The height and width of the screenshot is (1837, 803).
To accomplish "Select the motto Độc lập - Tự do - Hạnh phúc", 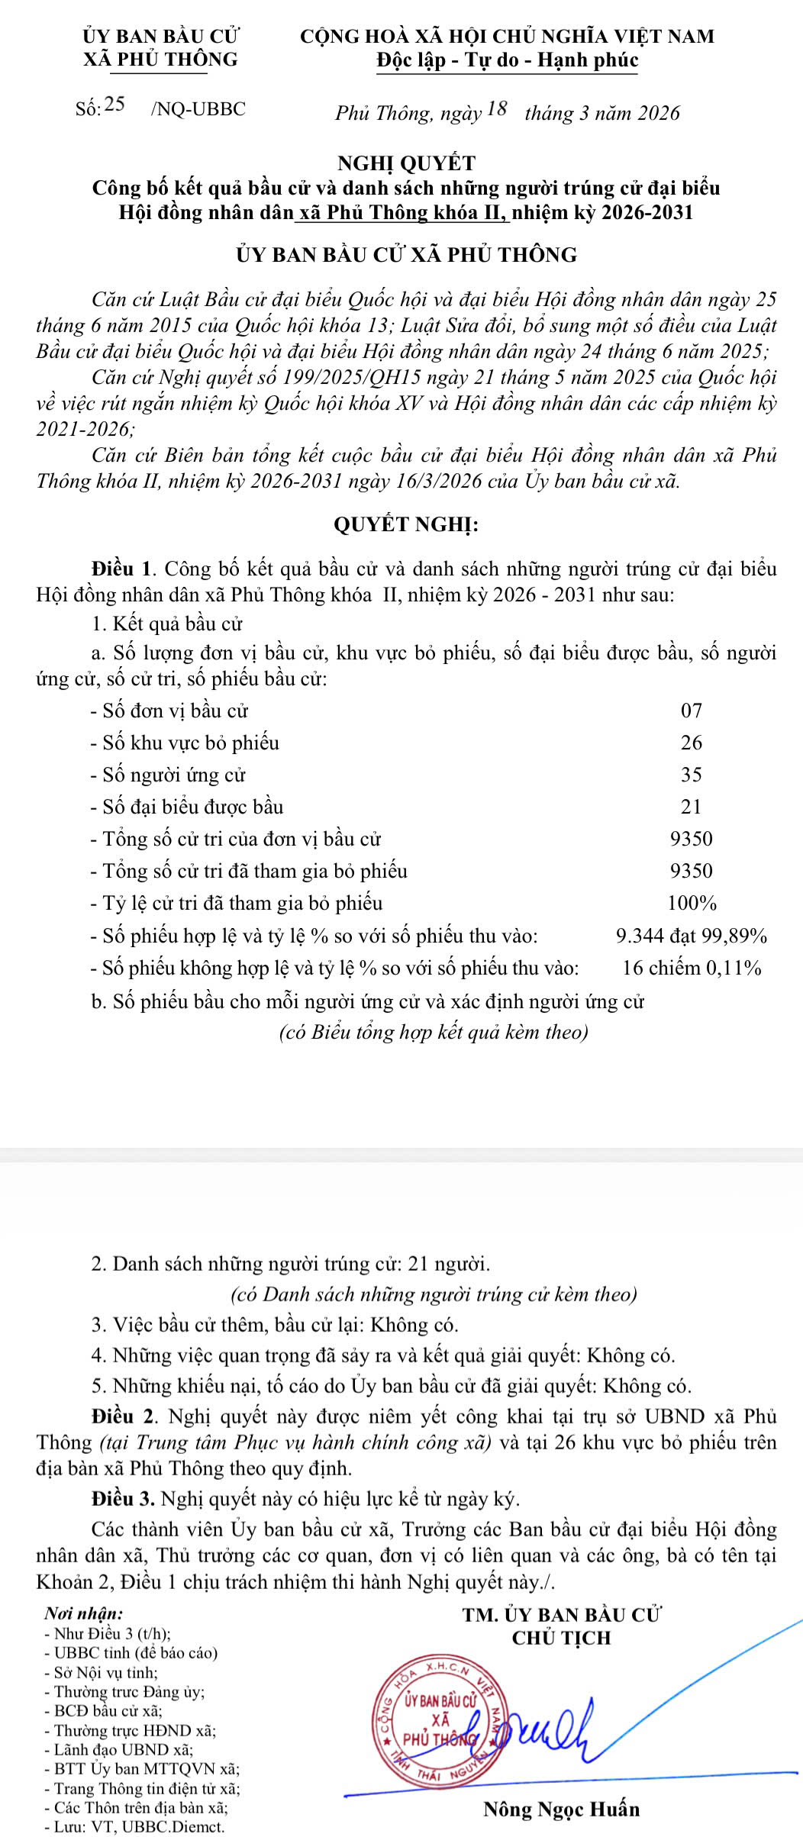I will coord(508,60).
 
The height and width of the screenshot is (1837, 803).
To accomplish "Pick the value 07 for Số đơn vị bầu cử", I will coord(691,711).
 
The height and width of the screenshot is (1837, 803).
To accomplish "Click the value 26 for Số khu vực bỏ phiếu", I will coord(691,743).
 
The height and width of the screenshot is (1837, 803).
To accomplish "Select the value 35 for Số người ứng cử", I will coord(691,775).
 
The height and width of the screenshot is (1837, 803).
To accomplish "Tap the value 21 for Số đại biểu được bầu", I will coord(691,807).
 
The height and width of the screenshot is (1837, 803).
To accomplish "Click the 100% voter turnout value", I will coord(692,904).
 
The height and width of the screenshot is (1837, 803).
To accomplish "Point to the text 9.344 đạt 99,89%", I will coord(691,936).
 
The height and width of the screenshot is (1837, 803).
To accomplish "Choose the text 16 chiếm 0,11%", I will coord(692,968).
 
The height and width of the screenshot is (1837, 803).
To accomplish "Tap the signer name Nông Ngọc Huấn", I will coord(562,1810).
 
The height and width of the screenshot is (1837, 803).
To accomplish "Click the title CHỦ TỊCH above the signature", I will coord(562,1637).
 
